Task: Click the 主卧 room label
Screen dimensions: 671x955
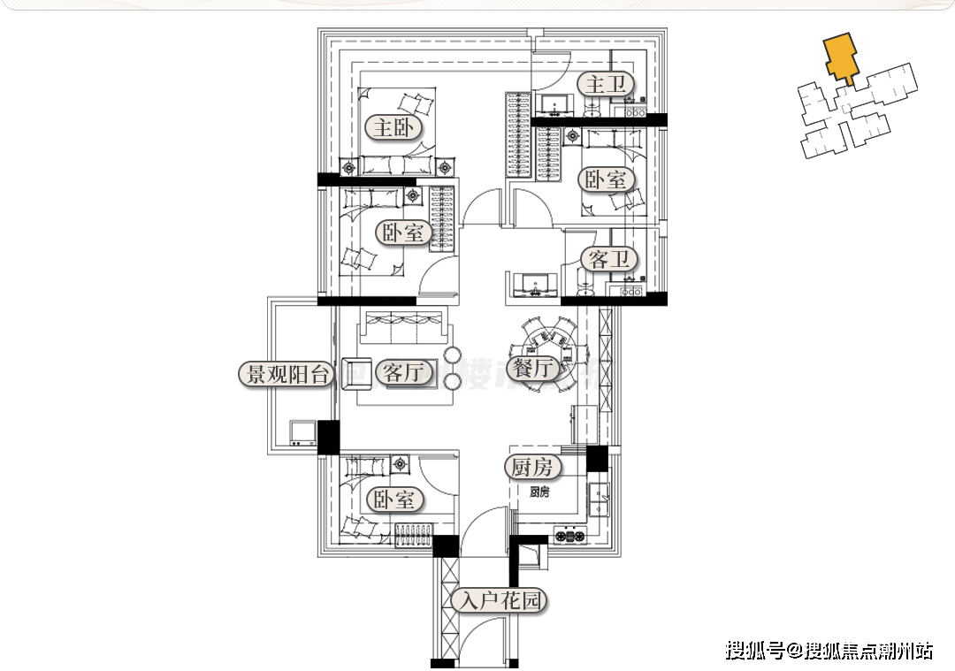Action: point(393,128)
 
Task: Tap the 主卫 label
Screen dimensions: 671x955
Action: point(607,85)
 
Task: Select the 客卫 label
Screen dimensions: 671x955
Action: point(608,259)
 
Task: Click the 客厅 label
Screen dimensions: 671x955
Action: point(404,371)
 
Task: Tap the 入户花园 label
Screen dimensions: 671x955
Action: point(498,601)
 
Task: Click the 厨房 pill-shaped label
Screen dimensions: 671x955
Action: point(532,467)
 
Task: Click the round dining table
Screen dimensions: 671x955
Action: point(551,344)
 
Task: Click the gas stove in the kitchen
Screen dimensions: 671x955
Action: point(570,534)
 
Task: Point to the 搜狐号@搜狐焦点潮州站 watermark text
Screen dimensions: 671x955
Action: point(829,652)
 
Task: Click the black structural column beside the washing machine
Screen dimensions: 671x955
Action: point(328,437)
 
